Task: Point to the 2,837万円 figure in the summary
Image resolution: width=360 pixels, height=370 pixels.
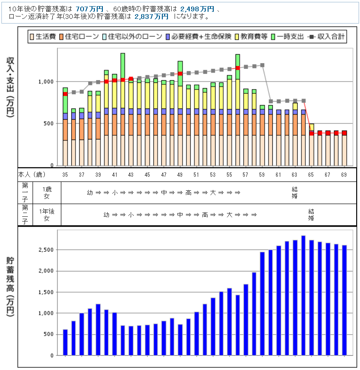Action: point(151,16)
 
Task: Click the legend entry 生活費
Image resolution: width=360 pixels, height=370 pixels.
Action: point(42,36)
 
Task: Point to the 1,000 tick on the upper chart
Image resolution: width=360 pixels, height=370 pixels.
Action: point(46,82)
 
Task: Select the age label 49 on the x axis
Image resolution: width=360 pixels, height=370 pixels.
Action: point(180,175)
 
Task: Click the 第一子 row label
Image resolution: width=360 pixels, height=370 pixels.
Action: point(25,192)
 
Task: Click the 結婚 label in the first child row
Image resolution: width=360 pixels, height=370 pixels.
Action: point(295,192)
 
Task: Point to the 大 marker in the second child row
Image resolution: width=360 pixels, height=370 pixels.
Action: point(230,215)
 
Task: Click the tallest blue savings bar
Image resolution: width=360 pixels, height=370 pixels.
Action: point(303,295)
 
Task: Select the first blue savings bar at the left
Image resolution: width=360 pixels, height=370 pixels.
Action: point(65,342)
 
